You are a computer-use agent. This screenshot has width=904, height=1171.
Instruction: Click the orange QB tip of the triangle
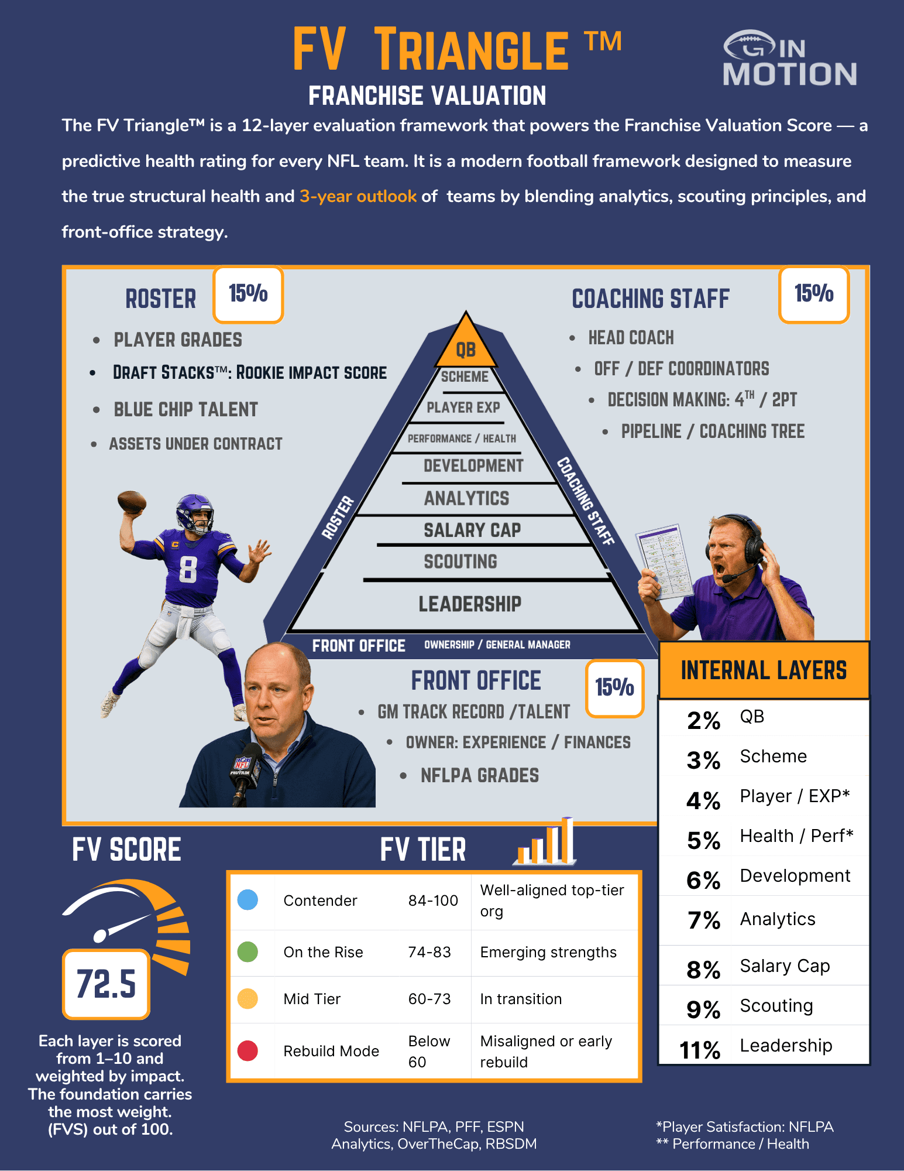pyautogui.click(x=466, y=343)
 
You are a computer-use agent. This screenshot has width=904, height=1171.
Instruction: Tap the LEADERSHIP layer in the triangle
pyautogui.click(x=470, y=604)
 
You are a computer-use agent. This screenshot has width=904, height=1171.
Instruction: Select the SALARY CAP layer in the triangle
pyautogui.click(x=472, y=530)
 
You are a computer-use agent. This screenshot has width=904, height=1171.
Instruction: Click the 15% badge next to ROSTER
pyautogui.click(x=248, y=294)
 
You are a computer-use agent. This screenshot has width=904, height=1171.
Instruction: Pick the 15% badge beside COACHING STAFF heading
pyautogui.click(x=814, y=294)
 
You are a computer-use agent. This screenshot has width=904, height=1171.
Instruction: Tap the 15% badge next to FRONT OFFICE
pyautogui.click(x=615, y=688)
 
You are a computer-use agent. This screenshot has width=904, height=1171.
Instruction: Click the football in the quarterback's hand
pyautogui.click(x=132, y=502)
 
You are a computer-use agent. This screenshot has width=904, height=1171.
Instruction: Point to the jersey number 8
pyautogui.click(x=188, y=569)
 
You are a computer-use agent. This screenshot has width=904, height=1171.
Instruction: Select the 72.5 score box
pyautogui.click(x=106, y=984)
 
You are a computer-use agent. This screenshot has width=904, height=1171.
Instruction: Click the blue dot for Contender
pyautogui.click(x=248, y=900)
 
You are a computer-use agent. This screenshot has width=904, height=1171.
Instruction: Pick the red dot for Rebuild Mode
pyautogui.click(x=248, y=1050)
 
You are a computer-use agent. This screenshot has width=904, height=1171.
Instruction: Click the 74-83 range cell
pyautogui.click(x=429, y=952)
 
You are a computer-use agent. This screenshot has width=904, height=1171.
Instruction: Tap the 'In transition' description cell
pyautogui.click(x=521, y=999)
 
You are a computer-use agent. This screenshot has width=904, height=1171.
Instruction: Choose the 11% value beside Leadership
pyautogui.click(x=700, y=1050)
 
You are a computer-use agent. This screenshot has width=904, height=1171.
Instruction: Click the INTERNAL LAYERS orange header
pyautogui.click(x=764, y=670)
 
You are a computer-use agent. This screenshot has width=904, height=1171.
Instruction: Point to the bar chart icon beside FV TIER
pyautogui.click(x=545, y=841)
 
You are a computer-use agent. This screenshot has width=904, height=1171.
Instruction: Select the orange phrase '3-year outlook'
pyautogui.click(x=358, y=196)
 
